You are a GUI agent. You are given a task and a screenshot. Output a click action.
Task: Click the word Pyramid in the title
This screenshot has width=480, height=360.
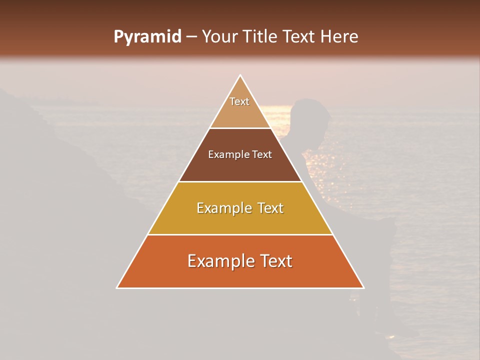coord(147,37)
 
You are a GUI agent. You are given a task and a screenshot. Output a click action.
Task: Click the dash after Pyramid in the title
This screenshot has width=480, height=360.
coord(191,37)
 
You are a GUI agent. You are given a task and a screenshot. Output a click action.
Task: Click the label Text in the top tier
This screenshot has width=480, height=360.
coord(239,101)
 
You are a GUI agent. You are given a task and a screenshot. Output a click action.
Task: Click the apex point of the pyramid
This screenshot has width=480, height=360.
coord(240,75)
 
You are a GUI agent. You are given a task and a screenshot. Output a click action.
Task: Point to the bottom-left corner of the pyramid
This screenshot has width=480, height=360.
coord(117,288)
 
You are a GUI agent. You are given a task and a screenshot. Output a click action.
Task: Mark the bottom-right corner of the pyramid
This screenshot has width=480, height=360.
coord(363,288)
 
